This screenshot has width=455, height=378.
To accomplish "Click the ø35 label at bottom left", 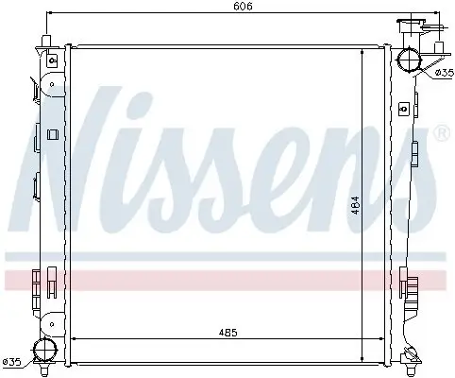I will tap(12, 361).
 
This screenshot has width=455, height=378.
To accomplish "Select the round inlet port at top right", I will tap(410, 60).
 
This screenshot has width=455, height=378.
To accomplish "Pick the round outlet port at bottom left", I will tap(42, 352).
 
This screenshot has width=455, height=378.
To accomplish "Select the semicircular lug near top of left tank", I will tap(37, 90).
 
